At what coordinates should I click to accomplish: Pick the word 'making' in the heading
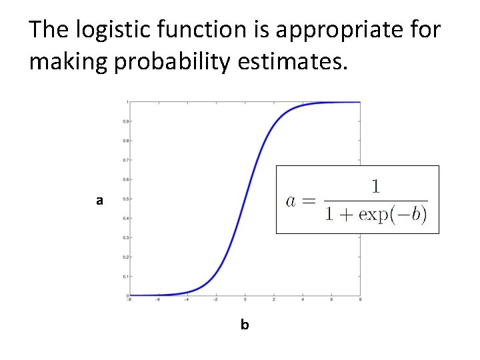62,62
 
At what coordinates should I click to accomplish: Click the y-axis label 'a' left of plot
99,200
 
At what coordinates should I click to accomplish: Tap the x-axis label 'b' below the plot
245,325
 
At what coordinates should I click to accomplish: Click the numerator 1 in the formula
376,186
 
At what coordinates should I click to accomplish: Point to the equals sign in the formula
310,200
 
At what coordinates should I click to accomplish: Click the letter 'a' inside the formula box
292,201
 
